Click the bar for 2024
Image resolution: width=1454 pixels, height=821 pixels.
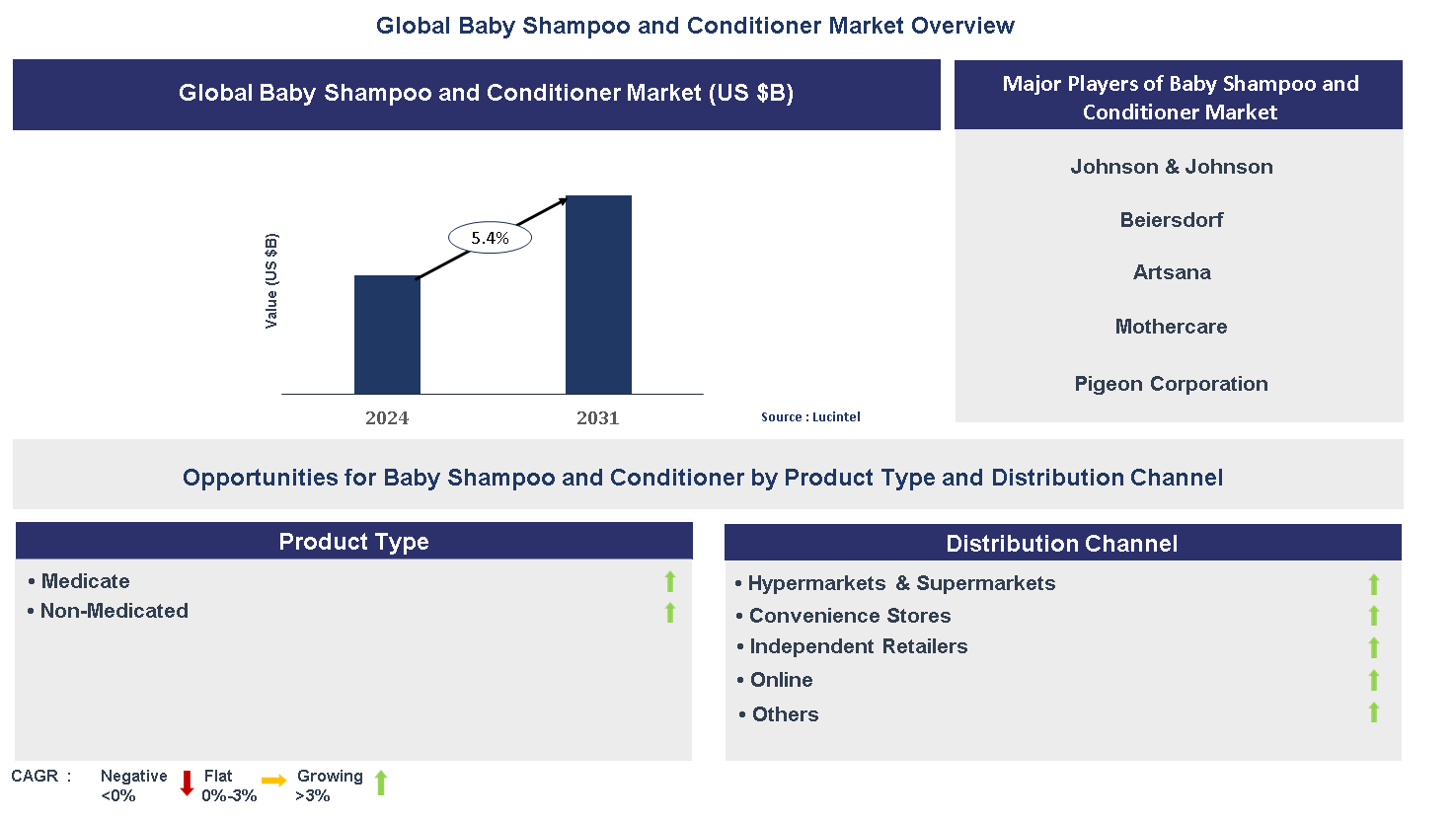pos(387,335)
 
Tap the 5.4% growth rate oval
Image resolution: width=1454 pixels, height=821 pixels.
pos(490,238)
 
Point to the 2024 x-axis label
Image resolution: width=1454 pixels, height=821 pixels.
pos(387,418)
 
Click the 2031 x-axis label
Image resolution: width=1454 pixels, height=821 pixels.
pos(598,418)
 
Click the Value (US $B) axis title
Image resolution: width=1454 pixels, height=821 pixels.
pos(271,281)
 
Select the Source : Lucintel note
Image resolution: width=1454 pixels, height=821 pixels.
pos(810,417)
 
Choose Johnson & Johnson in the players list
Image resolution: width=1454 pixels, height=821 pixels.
pos(1172,167)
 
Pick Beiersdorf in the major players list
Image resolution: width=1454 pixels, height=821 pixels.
pos(1172,220)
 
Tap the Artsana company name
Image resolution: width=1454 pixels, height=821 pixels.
pos(1172,272)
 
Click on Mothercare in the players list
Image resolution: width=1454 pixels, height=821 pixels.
pos(1172,327)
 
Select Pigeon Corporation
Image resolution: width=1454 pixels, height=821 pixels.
pos(1172,384)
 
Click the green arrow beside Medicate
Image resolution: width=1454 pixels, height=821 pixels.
pos(670,582)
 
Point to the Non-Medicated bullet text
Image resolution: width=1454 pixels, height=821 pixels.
pos(114,611)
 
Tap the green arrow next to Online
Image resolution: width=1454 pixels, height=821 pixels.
pos(1373,680)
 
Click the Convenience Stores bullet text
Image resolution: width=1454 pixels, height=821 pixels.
pos(849,616)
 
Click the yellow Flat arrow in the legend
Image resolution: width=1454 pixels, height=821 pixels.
pos(274,781)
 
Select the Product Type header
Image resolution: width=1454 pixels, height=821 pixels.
pos(353,542)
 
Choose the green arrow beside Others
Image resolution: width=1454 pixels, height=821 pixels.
pos(1373,712)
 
